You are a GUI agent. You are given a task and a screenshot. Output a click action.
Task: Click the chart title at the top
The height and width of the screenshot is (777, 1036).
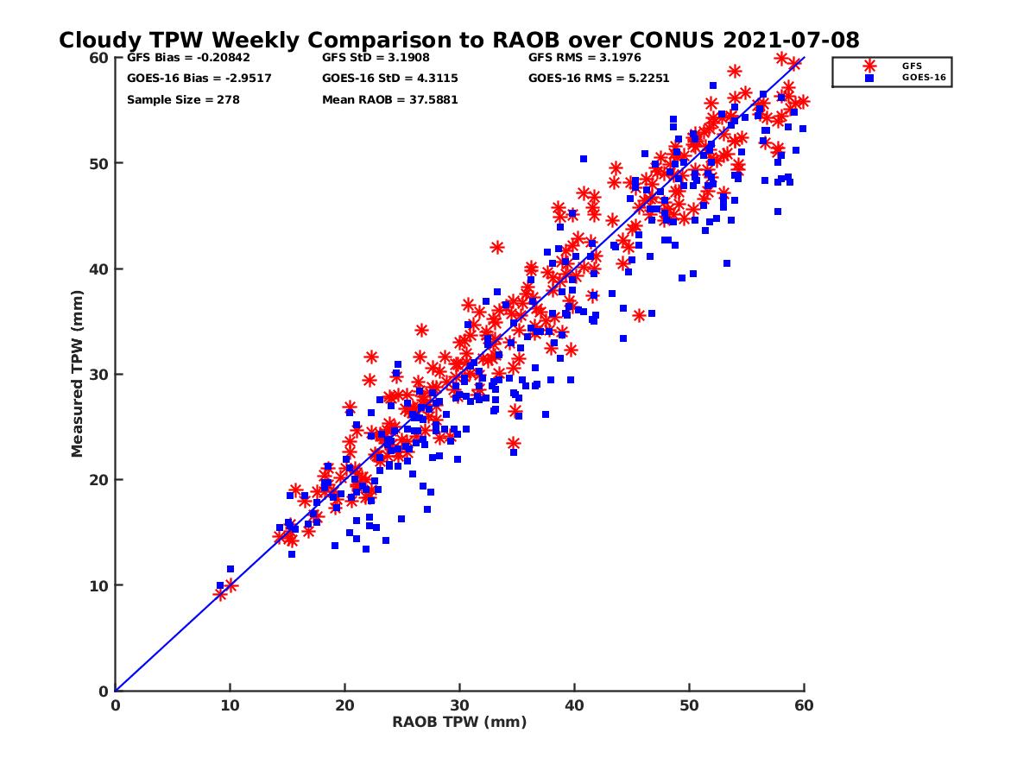[x=458, y=40]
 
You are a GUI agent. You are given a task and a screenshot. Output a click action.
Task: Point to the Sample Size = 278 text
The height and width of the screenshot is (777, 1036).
[x=183, y=99]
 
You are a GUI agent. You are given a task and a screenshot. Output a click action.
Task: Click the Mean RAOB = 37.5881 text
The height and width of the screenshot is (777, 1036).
[x=390, y=99]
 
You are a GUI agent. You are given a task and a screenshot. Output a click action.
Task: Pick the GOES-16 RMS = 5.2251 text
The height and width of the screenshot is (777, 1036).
[x=599, y=79]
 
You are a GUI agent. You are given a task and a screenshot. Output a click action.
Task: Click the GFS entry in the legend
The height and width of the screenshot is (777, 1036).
[x=912, y=66]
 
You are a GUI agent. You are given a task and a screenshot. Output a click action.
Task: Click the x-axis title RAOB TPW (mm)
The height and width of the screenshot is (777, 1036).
[x=459, y=722]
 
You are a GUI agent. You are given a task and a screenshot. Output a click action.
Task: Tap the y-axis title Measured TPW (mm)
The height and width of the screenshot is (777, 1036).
[x=77, y=374]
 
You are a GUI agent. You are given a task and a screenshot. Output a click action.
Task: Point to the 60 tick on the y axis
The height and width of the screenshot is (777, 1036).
[x=100, y=58]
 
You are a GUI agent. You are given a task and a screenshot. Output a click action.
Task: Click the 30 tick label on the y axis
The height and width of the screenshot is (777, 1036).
[x=100, y=374]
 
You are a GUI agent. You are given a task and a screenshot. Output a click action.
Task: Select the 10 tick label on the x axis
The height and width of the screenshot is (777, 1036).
[x=230, y=705]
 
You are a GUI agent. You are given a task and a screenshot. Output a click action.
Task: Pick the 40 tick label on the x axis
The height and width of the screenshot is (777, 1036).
[x=575, y=705]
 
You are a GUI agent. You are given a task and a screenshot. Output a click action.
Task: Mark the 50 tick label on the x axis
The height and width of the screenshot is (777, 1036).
[x=690, y=705]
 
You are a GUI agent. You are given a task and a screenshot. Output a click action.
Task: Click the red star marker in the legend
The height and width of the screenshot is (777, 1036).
[x=869, y=66]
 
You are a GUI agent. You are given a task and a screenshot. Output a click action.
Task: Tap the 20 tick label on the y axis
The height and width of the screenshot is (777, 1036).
[x=100, y=480]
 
